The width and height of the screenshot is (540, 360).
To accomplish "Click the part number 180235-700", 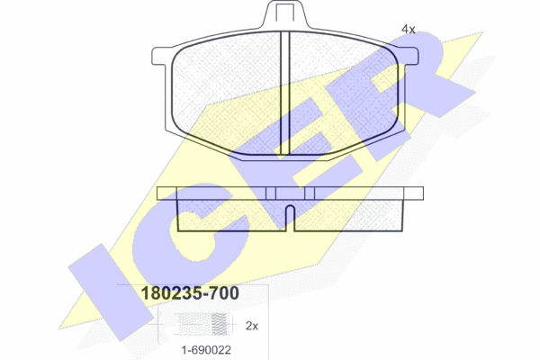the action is coord(190,293).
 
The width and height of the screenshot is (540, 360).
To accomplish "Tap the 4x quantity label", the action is coord(408,30).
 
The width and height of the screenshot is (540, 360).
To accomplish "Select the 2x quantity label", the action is coord(252,326).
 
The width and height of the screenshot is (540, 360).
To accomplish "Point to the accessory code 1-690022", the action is coord(206,350).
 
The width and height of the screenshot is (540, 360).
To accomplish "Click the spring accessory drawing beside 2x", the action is coord(202,325).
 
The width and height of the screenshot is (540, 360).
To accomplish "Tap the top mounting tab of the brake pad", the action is coord(284,14).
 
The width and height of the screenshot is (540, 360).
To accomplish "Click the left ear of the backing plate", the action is coord(161,56).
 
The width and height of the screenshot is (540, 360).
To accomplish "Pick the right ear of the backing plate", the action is coord(409,56).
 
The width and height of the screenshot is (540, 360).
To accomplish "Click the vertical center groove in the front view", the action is coord(285,93).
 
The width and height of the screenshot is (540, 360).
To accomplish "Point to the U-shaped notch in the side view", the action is coord(291,218).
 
